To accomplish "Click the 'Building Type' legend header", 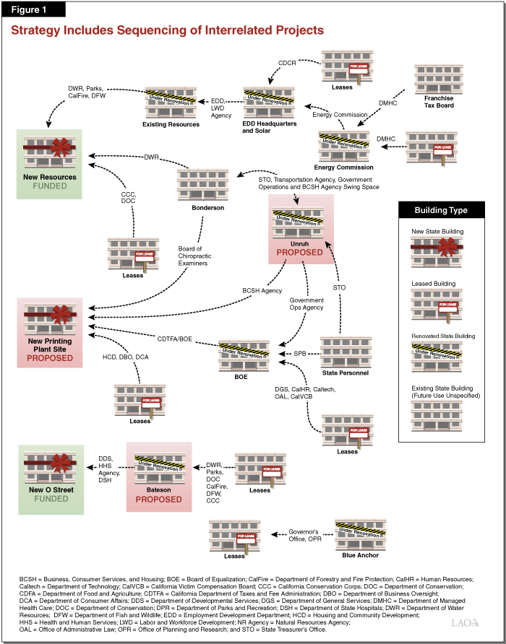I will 440,211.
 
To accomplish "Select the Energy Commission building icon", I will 344,147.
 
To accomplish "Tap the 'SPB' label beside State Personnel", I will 299,353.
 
